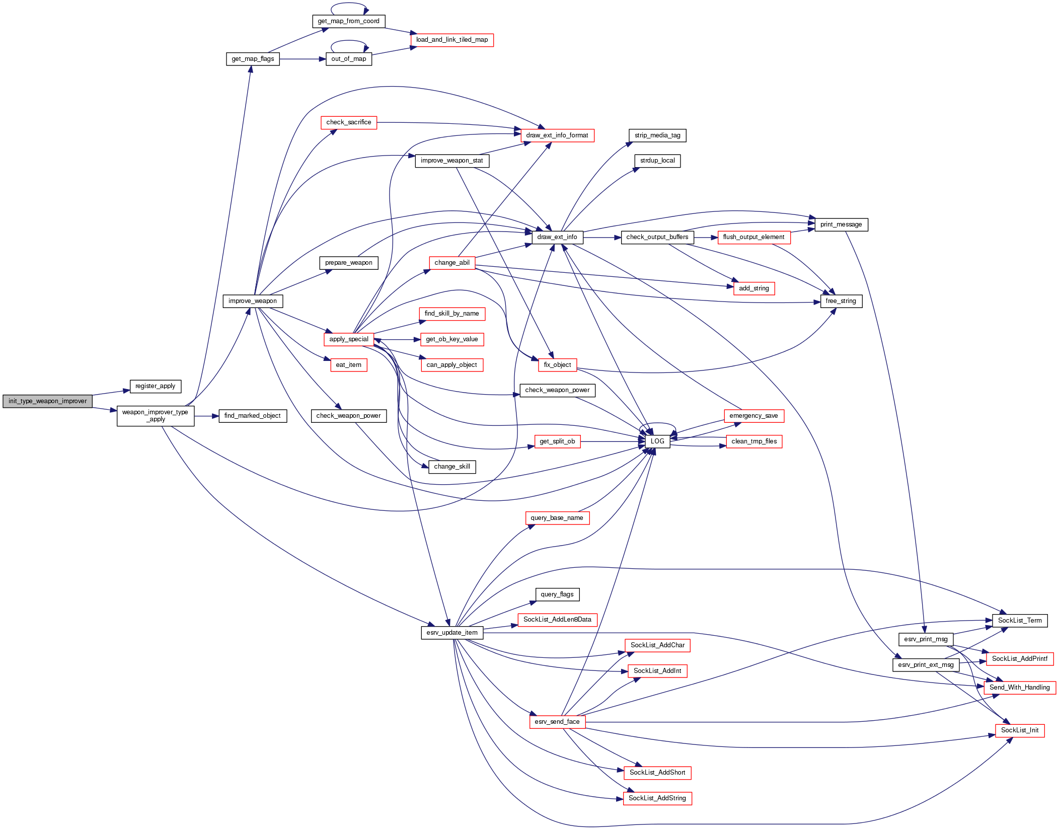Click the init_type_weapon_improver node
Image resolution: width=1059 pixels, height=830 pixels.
pyautogui.click(x=47, y=401)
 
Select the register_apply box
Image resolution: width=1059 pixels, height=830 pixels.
pyautogui.click(x=155, y=386)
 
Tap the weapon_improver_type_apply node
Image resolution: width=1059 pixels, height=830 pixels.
pyautogui.click(x=155, y=416)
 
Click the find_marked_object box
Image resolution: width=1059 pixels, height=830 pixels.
pyautogui.click(x=252, y=416)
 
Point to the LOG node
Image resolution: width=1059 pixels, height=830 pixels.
pyautogui.click(x=657, y=441)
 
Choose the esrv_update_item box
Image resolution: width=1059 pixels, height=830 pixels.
pyautogui.click(x=451, y=633)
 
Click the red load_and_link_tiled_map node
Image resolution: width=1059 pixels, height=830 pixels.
pyautogui.click(x=451, y=40)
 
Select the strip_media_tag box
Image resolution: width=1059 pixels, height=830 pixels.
pyautogui.click(x=657, y=135)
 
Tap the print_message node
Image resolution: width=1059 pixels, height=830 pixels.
pyautogui.click(x=841, y=224)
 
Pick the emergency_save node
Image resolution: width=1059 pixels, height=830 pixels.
pyautogui.click(x=753, y=416)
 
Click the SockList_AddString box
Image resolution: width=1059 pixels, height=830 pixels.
pyautogui.click(x=657, y=798)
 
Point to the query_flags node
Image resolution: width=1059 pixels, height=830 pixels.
pyautogui.click(x=557, y=594)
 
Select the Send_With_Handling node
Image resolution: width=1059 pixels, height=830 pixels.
pyautogui.click(x=1019, y=688)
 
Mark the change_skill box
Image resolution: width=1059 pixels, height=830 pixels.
pyautogui.click(x=451, y=467)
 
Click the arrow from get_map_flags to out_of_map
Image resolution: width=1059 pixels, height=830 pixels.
pyautogui.click(x=302, y=59)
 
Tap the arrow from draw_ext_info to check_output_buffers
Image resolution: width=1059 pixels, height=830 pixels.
pyautogui.click(x=601, y=237)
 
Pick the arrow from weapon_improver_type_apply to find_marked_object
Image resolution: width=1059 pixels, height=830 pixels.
pyautogui.click(x=206, y=416)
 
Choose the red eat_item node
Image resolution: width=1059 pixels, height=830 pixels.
pyautogui.click(x=348, y=365)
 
